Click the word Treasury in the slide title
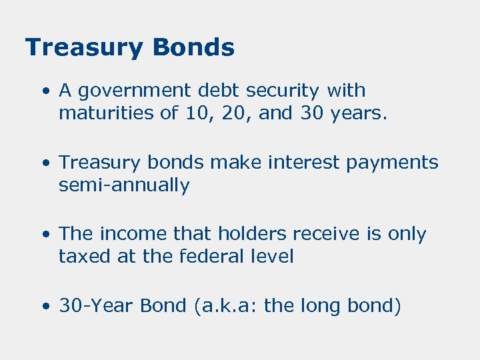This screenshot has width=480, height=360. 83,48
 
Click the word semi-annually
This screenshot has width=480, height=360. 124,185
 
